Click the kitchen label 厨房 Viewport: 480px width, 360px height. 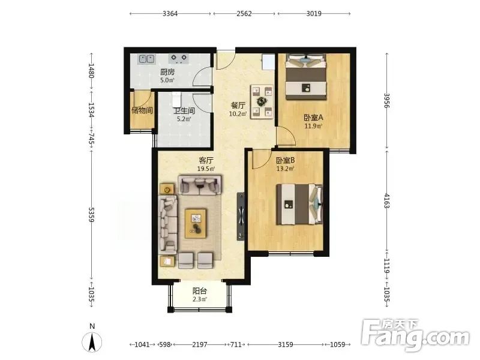pos(167,72)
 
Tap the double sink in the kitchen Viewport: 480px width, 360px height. pos(146,59)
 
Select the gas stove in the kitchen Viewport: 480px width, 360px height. pos(179,58)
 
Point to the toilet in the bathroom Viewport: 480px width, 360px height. pos(177,98)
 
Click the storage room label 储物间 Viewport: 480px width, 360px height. pos(142,110)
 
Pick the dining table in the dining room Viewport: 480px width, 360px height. pos(262,101)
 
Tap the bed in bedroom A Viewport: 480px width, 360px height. pos(306,77)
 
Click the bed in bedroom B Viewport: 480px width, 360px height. pos(299,205)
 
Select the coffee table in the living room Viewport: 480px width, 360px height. pos(196,223)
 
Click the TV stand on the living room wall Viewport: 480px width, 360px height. pos(241,217)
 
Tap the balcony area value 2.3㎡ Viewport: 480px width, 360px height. pos(200,299)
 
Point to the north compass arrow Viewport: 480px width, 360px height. pos(92,341)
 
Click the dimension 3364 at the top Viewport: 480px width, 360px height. pos(170,13)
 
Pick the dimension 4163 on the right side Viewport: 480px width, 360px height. pos(386,201)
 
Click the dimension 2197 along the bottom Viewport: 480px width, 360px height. pos(200,344)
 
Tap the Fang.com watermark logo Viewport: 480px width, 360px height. pos(415,335)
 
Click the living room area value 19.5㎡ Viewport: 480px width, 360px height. pos(206,169)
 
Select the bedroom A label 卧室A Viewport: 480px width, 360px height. pos(313,118)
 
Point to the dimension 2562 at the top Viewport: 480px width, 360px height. pos(244,13)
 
